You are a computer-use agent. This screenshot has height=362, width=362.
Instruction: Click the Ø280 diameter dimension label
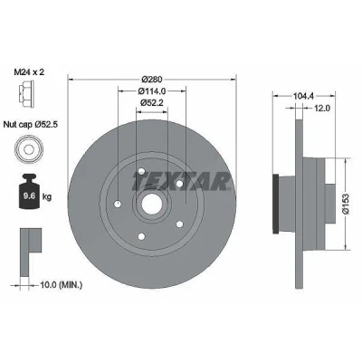click(x=152, y=80)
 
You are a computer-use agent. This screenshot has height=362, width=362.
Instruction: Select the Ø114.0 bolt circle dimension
click(x=152, y=90)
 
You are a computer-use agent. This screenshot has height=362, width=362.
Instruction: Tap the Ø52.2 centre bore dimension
click(x=152, y=102)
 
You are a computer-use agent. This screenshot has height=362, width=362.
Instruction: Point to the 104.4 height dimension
click(x=304, y=96)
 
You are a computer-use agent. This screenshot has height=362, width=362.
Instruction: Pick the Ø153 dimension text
click(x=346, y=204)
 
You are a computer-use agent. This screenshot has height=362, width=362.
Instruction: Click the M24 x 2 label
click(x=29, y=71)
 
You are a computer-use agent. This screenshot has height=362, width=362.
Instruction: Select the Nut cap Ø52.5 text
click(x=31, y=124)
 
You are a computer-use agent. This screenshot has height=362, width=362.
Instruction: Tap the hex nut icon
click(x=25, y=94)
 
